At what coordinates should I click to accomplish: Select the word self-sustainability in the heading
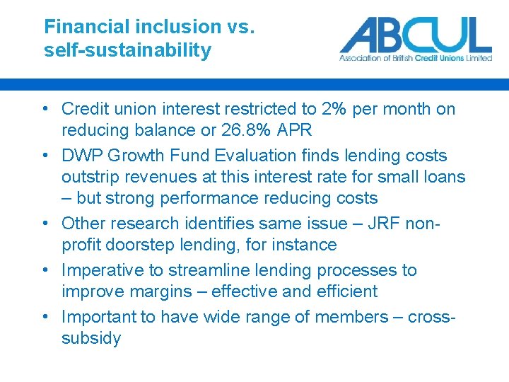pyautogui.click(x=127, y=50)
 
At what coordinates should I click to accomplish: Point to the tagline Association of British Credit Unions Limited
pyautogui.click(x=415, y=58)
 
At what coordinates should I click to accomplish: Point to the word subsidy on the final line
pyautogui.click(x=91, y=338)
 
